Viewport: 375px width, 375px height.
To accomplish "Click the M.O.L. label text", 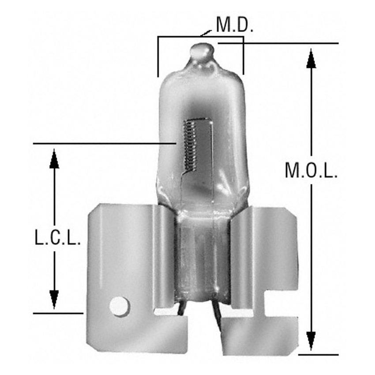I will [x=311, y=171].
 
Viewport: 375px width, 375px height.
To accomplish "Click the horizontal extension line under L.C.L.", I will [x=58, y=313].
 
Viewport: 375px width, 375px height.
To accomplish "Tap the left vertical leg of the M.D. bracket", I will [x=158, y=57].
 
